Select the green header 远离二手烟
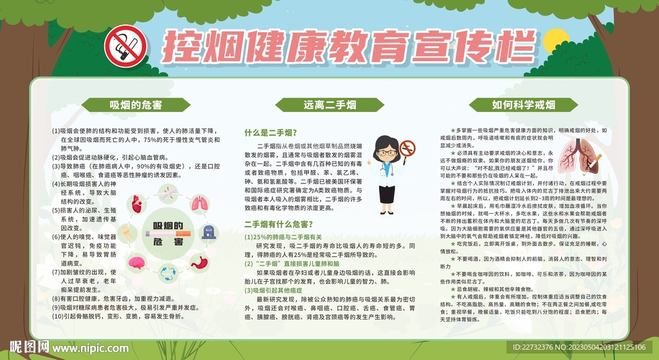pyautogui.click(x=329, y=104)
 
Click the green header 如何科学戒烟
pyautogui.click(x=523, y=104)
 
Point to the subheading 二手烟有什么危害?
pyautogui.click(x=279, y=225)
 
